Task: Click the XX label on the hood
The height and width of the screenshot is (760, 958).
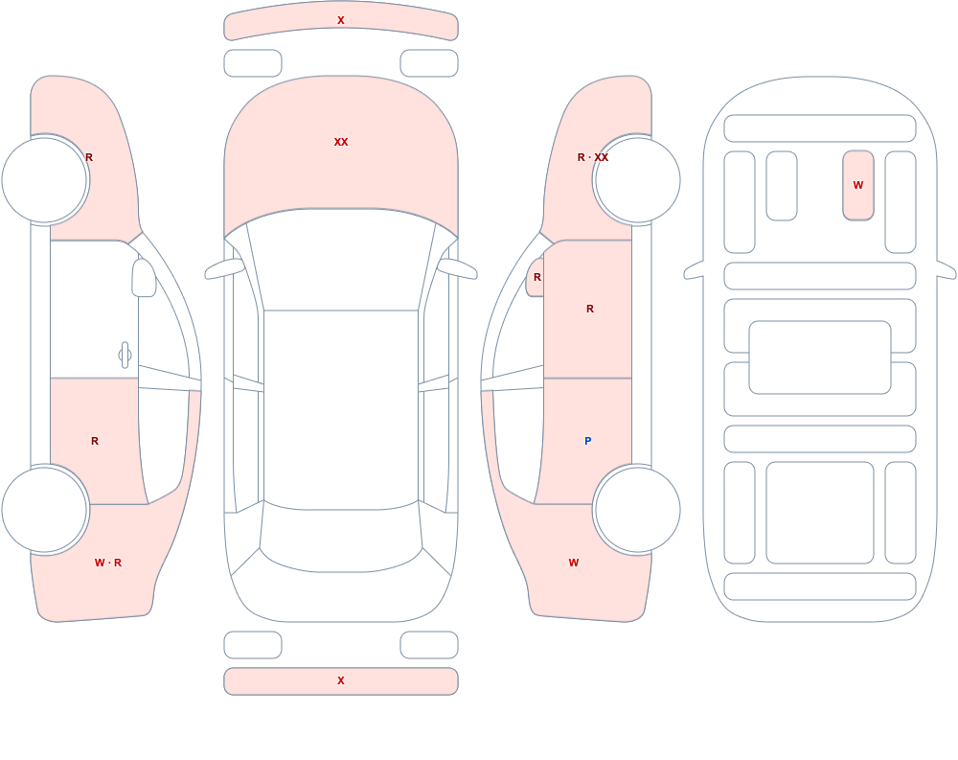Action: pyautogui.click(x=341, y=142)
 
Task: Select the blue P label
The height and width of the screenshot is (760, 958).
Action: pyautogui.click(x=588, y=441)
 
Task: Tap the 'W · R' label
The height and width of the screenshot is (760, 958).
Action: pyautogui.click(x=108, y=563)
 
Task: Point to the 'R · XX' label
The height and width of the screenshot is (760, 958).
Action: pyautogui.click(x=593, y=157)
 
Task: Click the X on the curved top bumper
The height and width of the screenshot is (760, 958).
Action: pyautogui.click(x=341, y=20)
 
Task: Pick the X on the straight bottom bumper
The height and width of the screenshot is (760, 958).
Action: pyautogui.click(x=341, y=680)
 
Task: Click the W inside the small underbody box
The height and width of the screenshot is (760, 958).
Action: pyautogui.click(x=858, y=185)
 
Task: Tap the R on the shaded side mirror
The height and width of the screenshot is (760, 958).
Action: pyautogui.click(x=537, y=277)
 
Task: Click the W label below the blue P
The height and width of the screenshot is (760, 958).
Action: pyautogui.click(x=574, y=563)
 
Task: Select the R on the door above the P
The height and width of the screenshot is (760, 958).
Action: pyautogui.click(x=590, y=309)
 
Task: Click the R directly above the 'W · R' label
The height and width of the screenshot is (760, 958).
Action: pyautogui.click(x=95, y=441)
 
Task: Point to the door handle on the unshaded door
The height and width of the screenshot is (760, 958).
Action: pyautogui.click(x=125, y=355)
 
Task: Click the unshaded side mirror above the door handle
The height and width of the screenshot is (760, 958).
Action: pyautogui.click(x=144, y=278)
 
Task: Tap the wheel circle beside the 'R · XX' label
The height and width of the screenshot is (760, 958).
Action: pyautogui.click(x=637, y=180)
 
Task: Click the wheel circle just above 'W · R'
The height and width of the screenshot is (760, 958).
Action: pyautogui.click(x=45, y=509)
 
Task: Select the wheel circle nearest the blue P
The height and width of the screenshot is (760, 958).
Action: pyautogui.click(x=637, y=509)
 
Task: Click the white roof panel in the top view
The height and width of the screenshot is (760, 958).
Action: pyautogui.click(x=341, y=408)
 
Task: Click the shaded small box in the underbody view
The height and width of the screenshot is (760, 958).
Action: pyautogui.click(x=858, y=185)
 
